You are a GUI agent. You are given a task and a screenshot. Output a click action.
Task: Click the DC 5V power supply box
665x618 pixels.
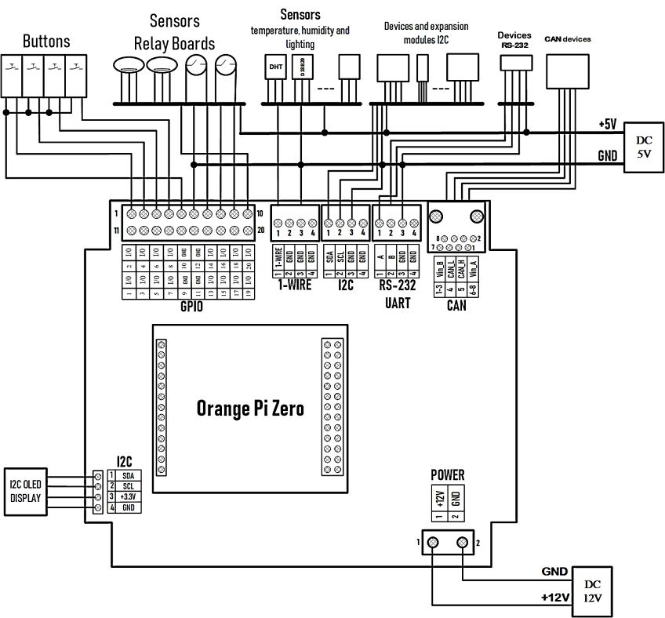point(641,147)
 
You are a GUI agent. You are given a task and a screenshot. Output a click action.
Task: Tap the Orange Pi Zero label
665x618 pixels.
point(249,409)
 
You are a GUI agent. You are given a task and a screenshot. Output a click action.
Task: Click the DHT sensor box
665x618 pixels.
point(276,67)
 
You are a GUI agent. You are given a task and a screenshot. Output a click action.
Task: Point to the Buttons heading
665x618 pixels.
point(46,41)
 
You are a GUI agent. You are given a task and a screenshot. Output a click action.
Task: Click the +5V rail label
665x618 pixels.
point(607,125)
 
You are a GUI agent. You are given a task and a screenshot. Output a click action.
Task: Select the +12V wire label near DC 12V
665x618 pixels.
point(554,598)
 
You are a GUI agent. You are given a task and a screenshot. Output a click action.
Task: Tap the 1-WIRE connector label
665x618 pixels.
point(294,285)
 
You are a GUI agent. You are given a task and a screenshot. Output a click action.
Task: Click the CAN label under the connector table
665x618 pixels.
point(456,306)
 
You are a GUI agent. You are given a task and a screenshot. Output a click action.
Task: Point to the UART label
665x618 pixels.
point(398,304)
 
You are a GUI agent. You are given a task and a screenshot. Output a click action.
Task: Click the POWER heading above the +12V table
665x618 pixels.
point(448,474)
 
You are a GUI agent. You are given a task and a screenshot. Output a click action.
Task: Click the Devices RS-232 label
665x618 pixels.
point(514,40)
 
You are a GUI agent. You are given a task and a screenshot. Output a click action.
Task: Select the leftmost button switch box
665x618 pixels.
point(13,75)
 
